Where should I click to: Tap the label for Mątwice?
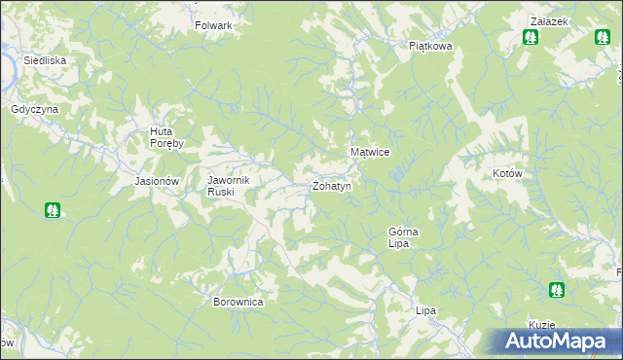370,153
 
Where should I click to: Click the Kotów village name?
508,173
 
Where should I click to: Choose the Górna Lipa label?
403,237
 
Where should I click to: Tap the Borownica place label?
238,302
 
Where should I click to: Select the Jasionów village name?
157,181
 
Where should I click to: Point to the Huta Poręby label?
172,138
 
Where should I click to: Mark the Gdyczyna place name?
35,109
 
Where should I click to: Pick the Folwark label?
213,25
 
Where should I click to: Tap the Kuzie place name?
541,325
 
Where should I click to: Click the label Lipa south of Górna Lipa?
424,310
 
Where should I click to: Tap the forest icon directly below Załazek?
531,38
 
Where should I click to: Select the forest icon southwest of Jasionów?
52,209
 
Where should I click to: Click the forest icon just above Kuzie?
556,289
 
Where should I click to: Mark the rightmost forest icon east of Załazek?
603,38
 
